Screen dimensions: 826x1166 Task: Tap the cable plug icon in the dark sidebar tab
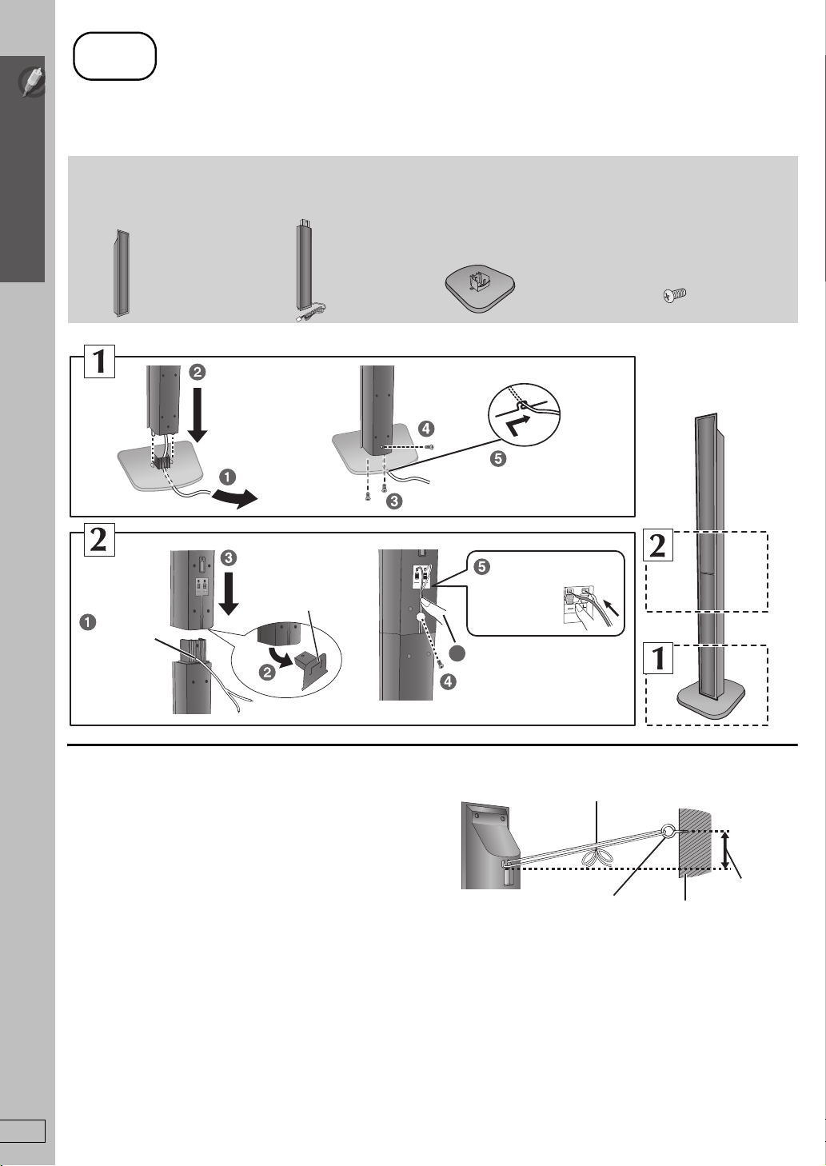click(32, 82)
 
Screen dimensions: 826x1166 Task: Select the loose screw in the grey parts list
click(675, 296)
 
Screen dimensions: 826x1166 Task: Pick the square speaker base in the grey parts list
click(480, 290)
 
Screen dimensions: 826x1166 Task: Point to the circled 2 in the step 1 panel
click(198, 372)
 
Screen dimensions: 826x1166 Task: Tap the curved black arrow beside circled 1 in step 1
click(234, 498)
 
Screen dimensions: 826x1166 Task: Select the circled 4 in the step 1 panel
click(426, 429)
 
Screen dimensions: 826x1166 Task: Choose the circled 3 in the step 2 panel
click(229, 558)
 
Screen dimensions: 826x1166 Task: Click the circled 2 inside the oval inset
click(267, 673)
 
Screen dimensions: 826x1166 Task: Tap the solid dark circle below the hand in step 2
click(457, 653)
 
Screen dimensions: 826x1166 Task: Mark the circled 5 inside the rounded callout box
click(482, 566)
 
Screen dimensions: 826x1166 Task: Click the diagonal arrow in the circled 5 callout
click(612, 606)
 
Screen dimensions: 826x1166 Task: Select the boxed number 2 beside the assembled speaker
click(658, 546)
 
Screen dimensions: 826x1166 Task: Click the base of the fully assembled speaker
click(710, 702)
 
